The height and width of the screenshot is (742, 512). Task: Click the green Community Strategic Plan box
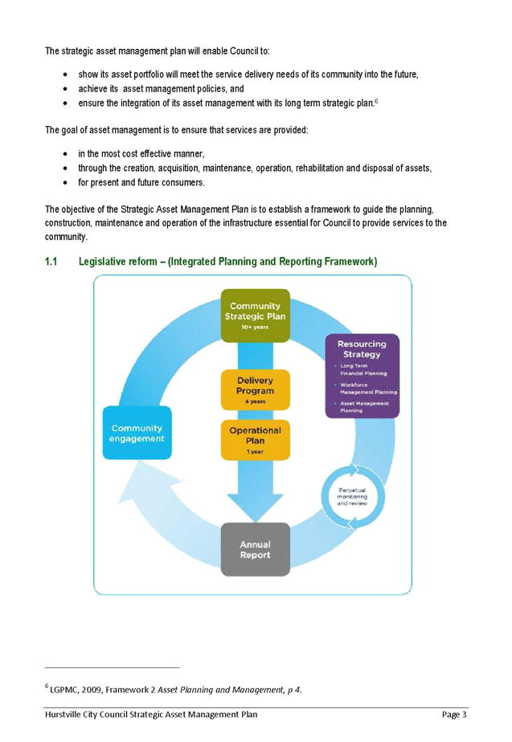(x=255, y=314)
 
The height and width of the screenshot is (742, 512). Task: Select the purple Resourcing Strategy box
(x=362, y=375)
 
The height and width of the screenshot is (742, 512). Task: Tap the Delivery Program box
(x=255, y=389)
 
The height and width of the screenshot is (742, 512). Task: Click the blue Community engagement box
(x=137, y=434)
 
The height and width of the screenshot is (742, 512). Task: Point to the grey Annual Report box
(x=255, y=549)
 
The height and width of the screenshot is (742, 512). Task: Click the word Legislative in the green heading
(x=104, y=262)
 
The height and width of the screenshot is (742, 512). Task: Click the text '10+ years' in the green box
(x=255, y=327)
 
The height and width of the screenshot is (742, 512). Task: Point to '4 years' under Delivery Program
(x=255, y=400)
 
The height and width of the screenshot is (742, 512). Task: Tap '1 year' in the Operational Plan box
(x=255, y=452)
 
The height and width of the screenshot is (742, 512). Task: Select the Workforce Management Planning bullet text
(x=368, y=389)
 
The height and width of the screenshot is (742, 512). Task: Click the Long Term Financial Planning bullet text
(x=363, y=370)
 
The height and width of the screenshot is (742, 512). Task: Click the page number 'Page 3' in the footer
(x=453, y=714)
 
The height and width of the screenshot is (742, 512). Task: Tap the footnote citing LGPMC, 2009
(x=175, y=688)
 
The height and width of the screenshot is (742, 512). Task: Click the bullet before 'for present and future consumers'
(x=64, y=182)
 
